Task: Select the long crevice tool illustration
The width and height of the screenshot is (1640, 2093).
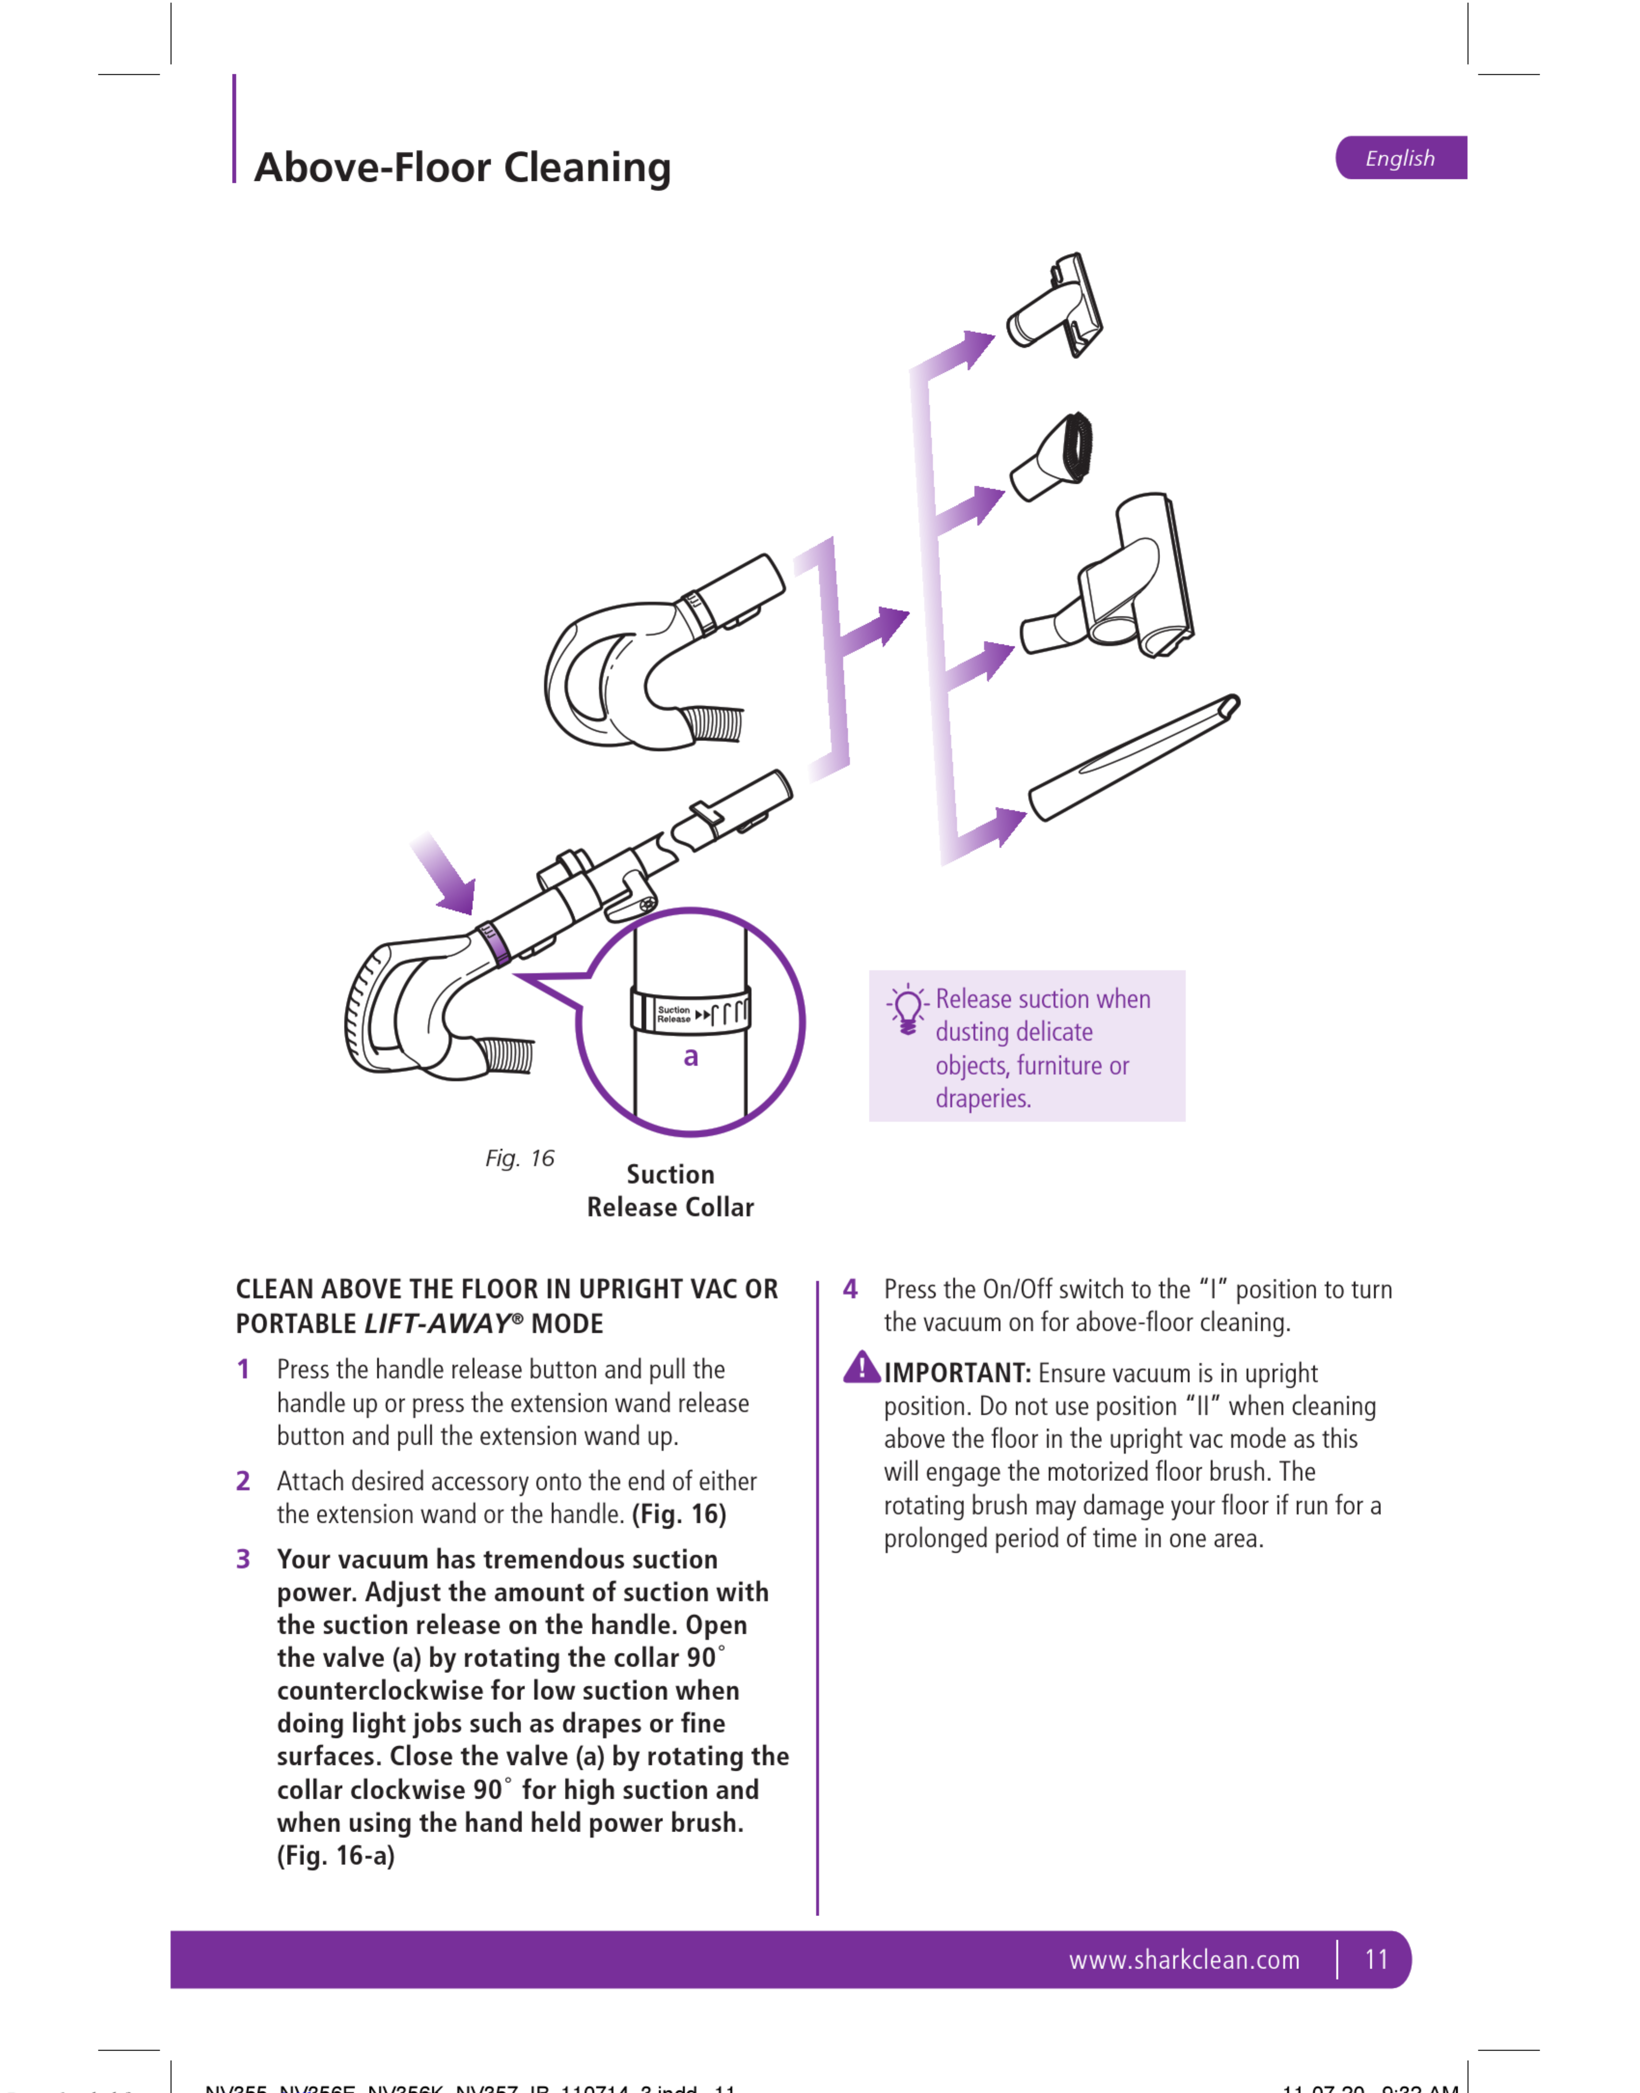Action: (x=1133, y=759)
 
